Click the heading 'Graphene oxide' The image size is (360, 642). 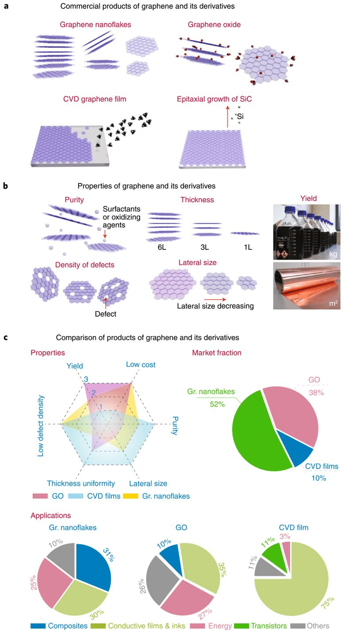tap(214, 25)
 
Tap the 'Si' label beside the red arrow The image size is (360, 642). tap(240, 117)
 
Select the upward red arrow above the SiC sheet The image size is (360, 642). tap(228, 116)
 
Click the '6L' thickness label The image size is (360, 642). tap(162, 247)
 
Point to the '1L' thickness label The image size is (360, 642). tap(247, 247)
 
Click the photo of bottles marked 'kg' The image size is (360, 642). tap(307, 232)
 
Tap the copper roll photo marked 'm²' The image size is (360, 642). tap(307, 285)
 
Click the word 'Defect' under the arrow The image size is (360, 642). tap(106, 314)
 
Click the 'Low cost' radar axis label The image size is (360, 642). tap(140, 365)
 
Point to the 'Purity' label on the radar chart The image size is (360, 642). tap(174, 425)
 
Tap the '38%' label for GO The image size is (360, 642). tap(316, 393)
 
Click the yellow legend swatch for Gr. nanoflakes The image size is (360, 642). tap(131, 496)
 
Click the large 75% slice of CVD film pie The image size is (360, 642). tap(296, 587)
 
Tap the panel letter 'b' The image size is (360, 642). tap(6, 186)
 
